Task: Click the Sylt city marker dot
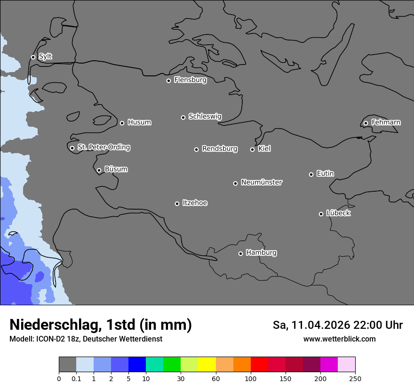(33, 57)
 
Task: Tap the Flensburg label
(190, 80)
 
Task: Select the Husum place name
(139, 122)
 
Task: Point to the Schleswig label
(205, 116)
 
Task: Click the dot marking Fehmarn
(366, 123)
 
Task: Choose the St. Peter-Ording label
(103, 147)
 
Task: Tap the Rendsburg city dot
(197, 149)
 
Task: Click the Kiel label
(264, 149)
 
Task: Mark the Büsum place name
(116, 169)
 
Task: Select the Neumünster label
(262, 182)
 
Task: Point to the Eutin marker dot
(311, 174)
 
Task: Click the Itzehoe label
(195, 203)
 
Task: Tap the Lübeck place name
(338, 213)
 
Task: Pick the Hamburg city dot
(240, 253)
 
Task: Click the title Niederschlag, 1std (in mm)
(101, 325)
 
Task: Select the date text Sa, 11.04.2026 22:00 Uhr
(337, 325)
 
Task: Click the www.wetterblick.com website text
(339, 339)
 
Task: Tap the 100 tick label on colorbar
(251, 378)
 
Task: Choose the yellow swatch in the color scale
(207, 365)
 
